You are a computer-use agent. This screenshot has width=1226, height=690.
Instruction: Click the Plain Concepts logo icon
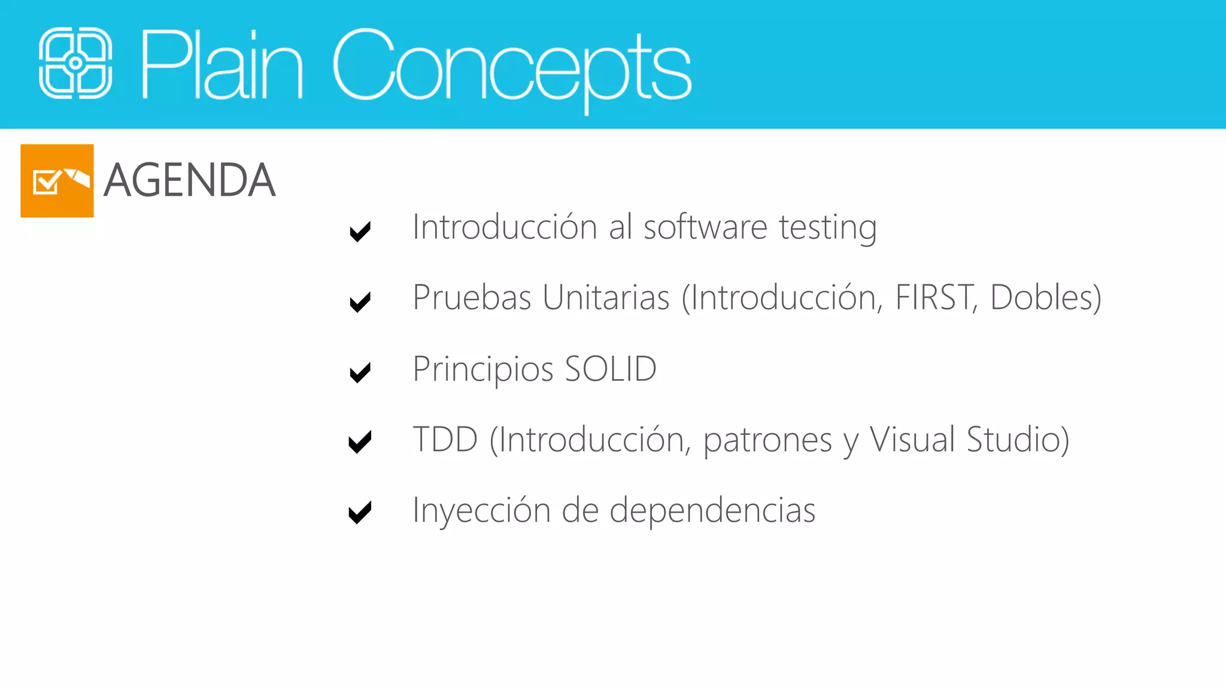pyautogui.click(x=75, y=63)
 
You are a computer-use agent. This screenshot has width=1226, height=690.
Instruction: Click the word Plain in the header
pyautogui.click(x=221, y=64)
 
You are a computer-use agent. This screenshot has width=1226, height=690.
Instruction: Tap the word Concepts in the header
pyautogui.click(x=512, y=66)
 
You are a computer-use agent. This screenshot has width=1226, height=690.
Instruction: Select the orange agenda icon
pyautogui.click(x=57, y=180)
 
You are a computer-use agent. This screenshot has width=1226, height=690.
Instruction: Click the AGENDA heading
pyautogui.click(x=189, y=180)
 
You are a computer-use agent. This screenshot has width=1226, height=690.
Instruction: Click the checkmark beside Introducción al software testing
pyautogui.click(x=360, y=231)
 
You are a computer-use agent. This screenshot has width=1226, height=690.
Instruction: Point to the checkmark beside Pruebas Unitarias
pyautogui.click(x=360, y=301)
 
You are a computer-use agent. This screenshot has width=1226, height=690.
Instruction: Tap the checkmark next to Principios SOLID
pyautogui.click(x=360, y=372)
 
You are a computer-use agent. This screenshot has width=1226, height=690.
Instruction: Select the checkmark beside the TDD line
pyautogui.click(x=360, y=442)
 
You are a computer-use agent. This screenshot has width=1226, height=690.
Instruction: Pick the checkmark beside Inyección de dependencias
pyautogui.click(x=360, y=512)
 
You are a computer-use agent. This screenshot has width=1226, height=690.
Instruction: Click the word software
pyautogui.click(x=705, y=228)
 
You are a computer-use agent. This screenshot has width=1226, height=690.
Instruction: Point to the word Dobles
pyautogui.click(x=1045, y=298)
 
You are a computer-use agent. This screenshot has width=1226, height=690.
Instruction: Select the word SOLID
pyautogui.click(x=611, y=369)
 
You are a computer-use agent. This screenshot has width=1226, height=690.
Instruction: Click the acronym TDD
pyautogui.click(x=445, y=440)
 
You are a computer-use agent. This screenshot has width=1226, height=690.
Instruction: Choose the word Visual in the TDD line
pyautogui.click(x=912, y=440)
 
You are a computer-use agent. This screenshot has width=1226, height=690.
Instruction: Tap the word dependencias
pyautogui.click(x=712, y=511)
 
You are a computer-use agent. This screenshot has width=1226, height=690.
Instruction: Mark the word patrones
pyautogui.click(x=767, y=441)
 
